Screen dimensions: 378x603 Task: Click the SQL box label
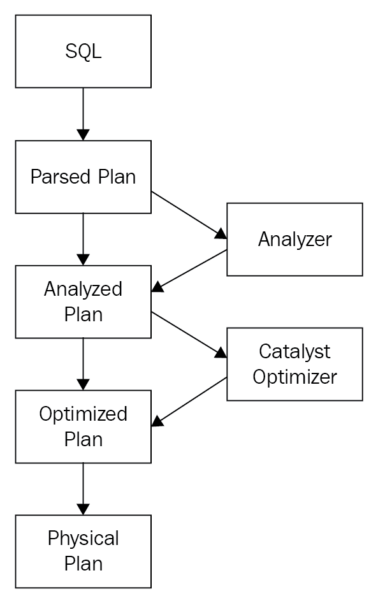coord(84,51)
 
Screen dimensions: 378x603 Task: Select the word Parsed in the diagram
coord(61,177)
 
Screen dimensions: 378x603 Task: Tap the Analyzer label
coord(295,240)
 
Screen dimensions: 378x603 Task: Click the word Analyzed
coord(83,289)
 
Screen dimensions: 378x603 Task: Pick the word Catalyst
coord(294,352)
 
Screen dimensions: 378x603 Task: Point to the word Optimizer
coord(295,377)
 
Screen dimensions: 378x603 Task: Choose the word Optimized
coord(83,414)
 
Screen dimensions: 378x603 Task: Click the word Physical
coord(83,539)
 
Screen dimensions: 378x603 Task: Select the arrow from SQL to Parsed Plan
coord(83,114)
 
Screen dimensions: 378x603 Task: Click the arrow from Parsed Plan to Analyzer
coord(189,215)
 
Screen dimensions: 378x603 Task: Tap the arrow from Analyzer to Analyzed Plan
coord(189,271)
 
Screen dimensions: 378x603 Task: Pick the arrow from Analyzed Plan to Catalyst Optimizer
coord(189,335)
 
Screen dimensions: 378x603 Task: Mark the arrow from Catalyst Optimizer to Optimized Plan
coord(189,402)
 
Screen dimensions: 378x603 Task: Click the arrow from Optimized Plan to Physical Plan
coord(83,489)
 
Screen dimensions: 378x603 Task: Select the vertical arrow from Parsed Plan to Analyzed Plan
coord(83,239)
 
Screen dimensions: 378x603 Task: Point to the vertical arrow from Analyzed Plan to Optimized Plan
coord(83,364)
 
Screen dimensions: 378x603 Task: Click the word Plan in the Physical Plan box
coord(84,563)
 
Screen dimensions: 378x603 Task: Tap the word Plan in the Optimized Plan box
coord(84,440)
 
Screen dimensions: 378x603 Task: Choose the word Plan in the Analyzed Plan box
coord(84,315)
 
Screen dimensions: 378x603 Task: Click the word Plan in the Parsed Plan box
coord(117,177)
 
